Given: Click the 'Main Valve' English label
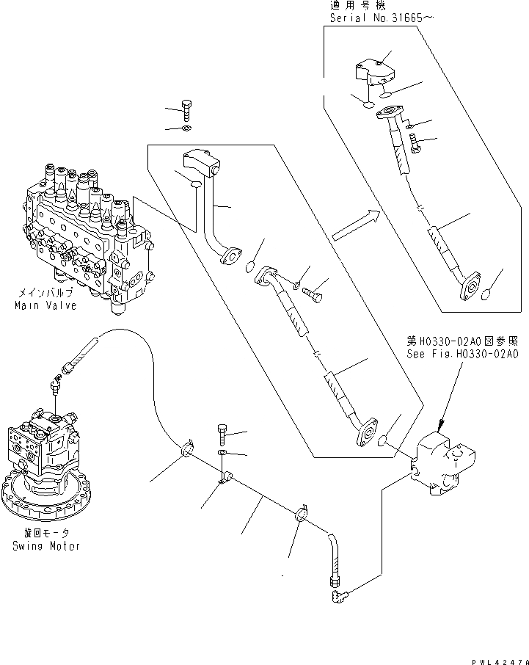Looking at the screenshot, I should [x=45, y=305].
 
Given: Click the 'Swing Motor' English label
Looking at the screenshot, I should [x=45, y=546].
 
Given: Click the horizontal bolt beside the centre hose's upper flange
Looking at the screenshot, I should [x=313, y=294].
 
